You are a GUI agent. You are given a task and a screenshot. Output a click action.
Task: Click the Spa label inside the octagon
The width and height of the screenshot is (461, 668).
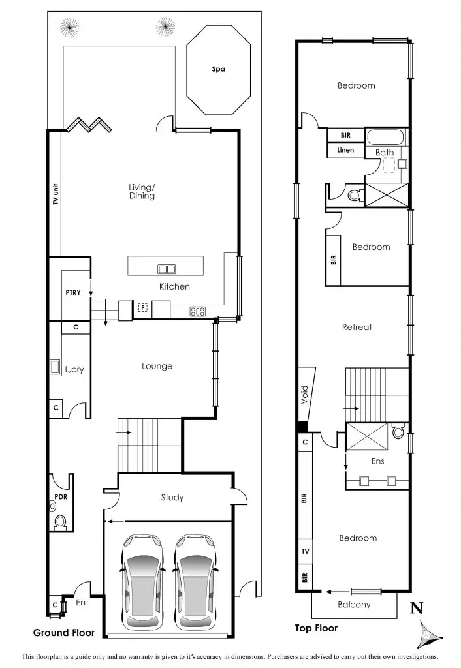(x=218, y=69)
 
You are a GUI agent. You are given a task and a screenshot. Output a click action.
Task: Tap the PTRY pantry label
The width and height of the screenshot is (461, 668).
(x=73, y=292)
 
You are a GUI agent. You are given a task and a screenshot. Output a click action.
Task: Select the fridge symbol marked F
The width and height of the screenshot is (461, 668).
(x=142, y=307)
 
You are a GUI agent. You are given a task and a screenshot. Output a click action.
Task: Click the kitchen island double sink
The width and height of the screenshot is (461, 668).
(x=166, y=268)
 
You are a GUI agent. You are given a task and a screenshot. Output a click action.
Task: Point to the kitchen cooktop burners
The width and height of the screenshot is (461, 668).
(x=198, y=311)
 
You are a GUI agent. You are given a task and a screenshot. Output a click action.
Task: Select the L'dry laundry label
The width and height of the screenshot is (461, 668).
(x=74, y=369)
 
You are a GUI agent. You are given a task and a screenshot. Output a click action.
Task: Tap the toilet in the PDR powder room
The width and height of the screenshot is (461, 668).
(x=61, y=521)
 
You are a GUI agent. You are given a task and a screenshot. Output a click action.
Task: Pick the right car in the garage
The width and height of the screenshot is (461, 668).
(x=193, y=581)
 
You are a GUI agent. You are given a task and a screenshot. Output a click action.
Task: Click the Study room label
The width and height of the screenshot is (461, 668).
(x=172, y=498)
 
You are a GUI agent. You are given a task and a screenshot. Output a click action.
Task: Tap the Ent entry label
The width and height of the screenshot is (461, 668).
(x=82, y=603)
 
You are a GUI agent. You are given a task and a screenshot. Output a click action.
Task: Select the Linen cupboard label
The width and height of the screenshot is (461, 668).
(x=345, y=150)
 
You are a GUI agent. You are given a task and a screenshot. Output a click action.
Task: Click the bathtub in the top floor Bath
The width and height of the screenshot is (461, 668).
(x=385, y=138)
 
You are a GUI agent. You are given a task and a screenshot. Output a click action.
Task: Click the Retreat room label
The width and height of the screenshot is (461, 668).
(x=357, y=327)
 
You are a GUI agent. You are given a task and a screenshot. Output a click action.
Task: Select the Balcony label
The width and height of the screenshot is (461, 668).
(x=354, y=605)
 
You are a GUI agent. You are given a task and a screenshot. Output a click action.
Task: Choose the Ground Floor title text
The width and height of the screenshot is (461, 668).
(x=64, y=633)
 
